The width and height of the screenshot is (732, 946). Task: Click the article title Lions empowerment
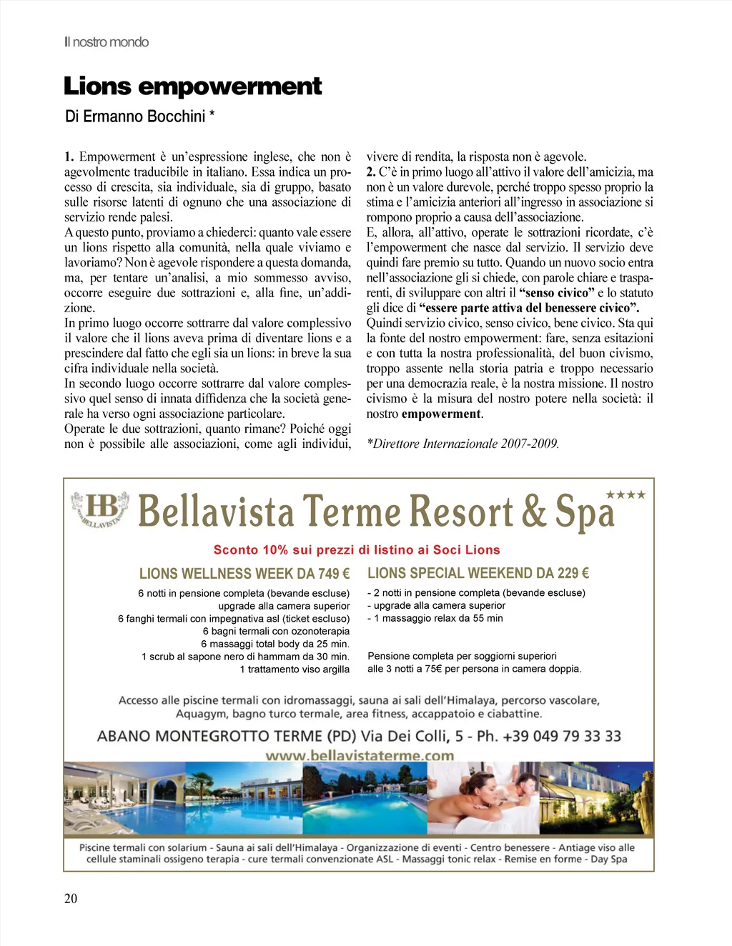193,86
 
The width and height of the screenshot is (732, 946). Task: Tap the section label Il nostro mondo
107,42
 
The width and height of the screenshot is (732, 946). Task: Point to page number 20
71,898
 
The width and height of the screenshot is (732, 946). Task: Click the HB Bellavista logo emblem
100,509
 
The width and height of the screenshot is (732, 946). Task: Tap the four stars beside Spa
625,494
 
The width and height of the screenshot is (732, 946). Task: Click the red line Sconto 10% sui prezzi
357,550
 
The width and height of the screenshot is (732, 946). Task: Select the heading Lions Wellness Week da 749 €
244,573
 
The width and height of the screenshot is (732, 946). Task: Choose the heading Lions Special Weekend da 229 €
478,573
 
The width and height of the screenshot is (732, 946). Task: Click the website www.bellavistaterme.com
360,755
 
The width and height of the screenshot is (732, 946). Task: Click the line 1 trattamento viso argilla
295,669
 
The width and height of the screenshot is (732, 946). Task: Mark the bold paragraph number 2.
371,172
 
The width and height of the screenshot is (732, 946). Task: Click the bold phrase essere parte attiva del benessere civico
530,308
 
